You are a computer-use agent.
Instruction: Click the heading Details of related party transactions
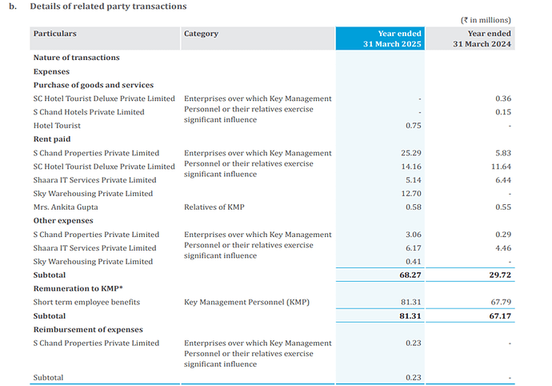click(x=108, y=6)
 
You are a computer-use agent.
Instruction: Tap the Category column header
click(x=201, y=34)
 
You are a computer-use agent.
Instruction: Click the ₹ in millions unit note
click(x=486, y=20)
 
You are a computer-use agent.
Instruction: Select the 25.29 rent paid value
click(x=410, y=153)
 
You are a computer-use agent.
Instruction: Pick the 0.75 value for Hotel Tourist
click(x=413, y=126)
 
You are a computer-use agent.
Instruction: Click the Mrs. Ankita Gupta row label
click(x=66, y=207)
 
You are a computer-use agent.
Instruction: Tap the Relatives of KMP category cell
click(x=214, y=207)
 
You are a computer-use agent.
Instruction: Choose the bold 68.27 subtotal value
click(x=410, y=275)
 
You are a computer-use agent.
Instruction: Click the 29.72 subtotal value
click(x=500, y=275)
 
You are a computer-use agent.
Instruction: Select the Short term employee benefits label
click(x=86, y=302)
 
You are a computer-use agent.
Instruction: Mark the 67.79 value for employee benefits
click(x=500, y=302)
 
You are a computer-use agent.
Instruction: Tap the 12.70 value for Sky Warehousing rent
click(x=410, y=194)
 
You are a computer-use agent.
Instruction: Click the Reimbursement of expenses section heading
click(x=88, y=329)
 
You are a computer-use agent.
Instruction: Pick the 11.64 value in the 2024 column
click(x=500, y=167)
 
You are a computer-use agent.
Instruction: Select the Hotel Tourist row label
click(x=58, y=126)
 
